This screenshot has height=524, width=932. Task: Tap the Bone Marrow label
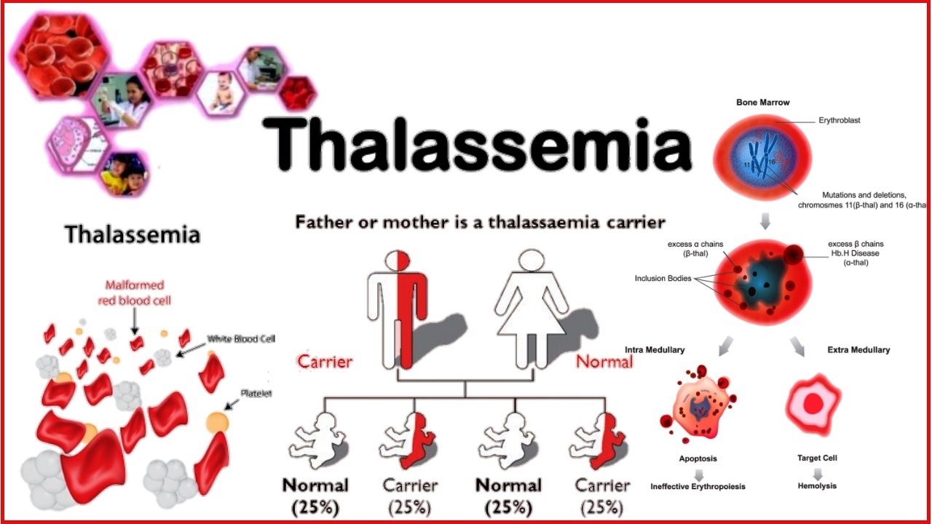click(762, 103)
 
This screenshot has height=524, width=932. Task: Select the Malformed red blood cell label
click(135, 293)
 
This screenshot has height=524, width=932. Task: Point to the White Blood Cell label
click(241, 339)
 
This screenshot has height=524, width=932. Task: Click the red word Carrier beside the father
click(325, 361)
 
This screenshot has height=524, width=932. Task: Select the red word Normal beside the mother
click(604, 361)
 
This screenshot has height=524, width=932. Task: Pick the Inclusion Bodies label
click(663, 279)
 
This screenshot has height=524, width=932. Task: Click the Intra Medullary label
click(655, 350)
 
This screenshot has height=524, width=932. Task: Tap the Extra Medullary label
click(858, 350)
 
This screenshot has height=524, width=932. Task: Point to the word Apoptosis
click(698, 459)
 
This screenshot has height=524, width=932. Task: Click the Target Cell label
click(817, 458)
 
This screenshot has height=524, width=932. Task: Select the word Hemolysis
click(817, 485)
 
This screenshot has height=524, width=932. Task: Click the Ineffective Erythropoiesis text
click(698, 486)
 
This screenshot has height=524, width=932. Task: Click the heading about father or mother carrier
click(480, 222)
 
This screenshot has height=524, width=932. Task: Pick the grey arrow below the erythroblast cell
click(765, 221)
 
